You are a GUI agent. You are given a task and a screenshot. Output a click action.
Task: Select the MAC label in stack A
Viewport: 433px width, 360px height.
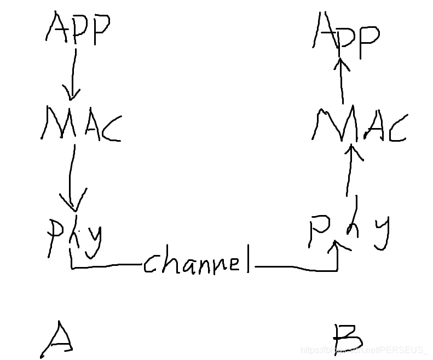pos(80,125)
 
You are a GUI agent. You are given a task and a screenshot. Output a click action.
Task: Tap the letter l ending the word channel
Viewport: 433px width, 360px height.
pos(247,258)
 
